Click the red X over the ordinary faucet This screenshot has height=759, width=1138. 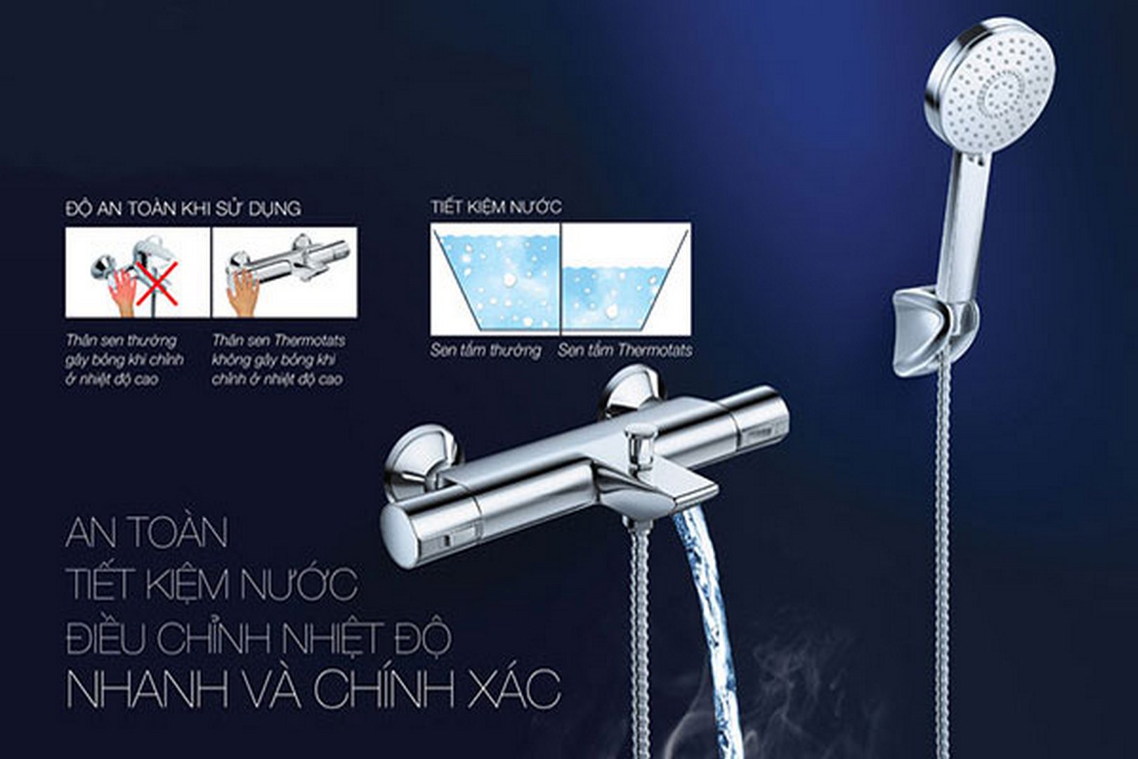click(158, 283)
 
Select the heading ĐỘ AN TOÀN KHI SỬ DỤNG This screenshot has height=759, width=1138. click(183, 209)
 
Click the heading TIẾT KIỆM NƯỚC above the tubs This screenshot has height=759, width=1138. click(497, 207)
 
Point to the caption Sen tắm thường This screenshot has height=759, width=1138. click(485, 351)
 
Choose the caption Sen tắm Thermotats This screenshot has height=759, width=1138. click(625, 351)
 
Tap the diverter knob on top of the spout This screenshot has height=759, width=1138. click(638, 442)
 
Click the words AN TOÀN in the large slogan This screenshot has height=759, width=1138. click(146, 532)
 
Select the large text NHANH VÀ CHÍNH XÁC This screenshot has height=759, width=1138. click(313, 689)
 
